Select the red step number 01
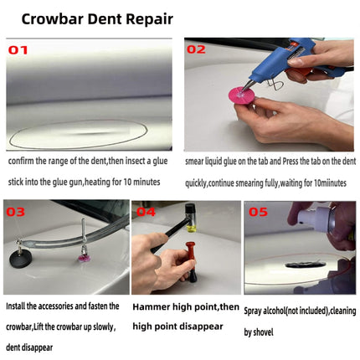[x=18, y=49]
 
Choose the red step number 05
[x=257, y=212]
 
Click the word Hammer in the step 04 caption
[x=152, y=306]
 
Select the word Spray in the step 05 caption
[x=256, y=311]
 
